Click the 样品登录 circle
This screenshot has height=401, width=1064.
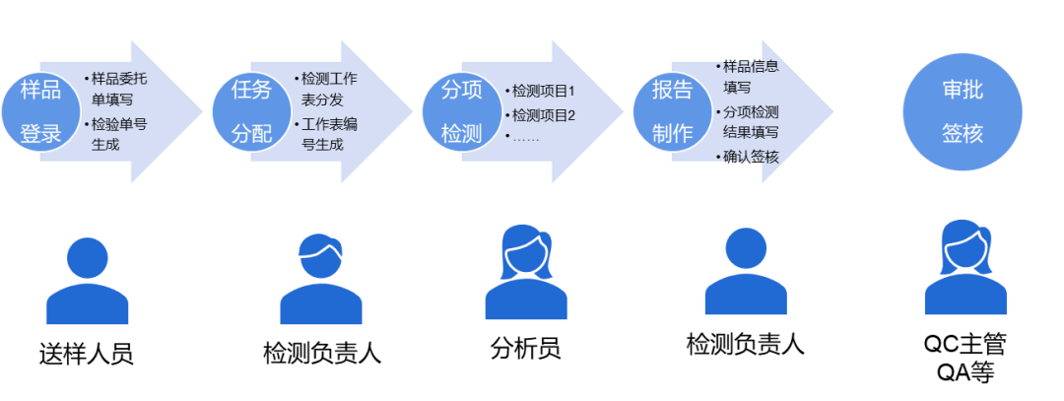tap(40, 111)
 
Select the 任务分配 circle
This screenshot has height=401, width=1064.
tap(252, 111)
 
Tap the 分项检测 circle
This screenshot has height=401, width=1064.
tap(461, 111)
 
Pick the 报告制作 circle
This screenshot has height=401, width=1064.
tap(673, 111)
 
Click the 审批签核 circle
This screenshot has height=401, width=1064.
tap(963, 111)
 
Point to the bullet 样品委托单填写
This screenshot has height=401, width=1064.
tap(115, 89)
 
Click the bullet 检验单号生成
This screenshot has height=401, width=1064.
tap(115, 134)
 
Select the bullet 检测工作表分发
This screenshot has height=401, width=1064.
tap(326, 89)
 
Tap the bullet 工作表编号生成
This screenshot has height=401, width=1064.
tap(326, 134)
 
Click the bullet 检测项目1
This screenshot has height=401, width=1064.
tap(540, 91)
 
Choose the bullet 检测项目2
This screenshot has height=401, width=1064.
tap(540, 114)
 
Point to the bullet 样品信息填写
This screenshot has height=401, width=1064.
tap(747, 77)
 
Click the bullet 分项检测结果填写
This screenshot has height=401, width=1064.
tap(747, 121)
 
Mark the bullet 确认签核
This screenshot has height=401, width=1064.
tap(747, 158)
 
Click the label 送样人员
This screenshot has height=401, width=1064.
tap(86, 354)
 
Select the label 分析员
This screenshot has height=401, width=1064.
tap(525, 349)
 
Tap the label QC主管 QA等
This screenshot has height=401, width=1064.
tap(964, 359)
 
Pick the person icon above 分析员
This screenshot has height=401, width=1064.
tap(526, 271)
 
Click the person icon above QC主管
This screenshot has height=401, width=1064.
tap(965, 267)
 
